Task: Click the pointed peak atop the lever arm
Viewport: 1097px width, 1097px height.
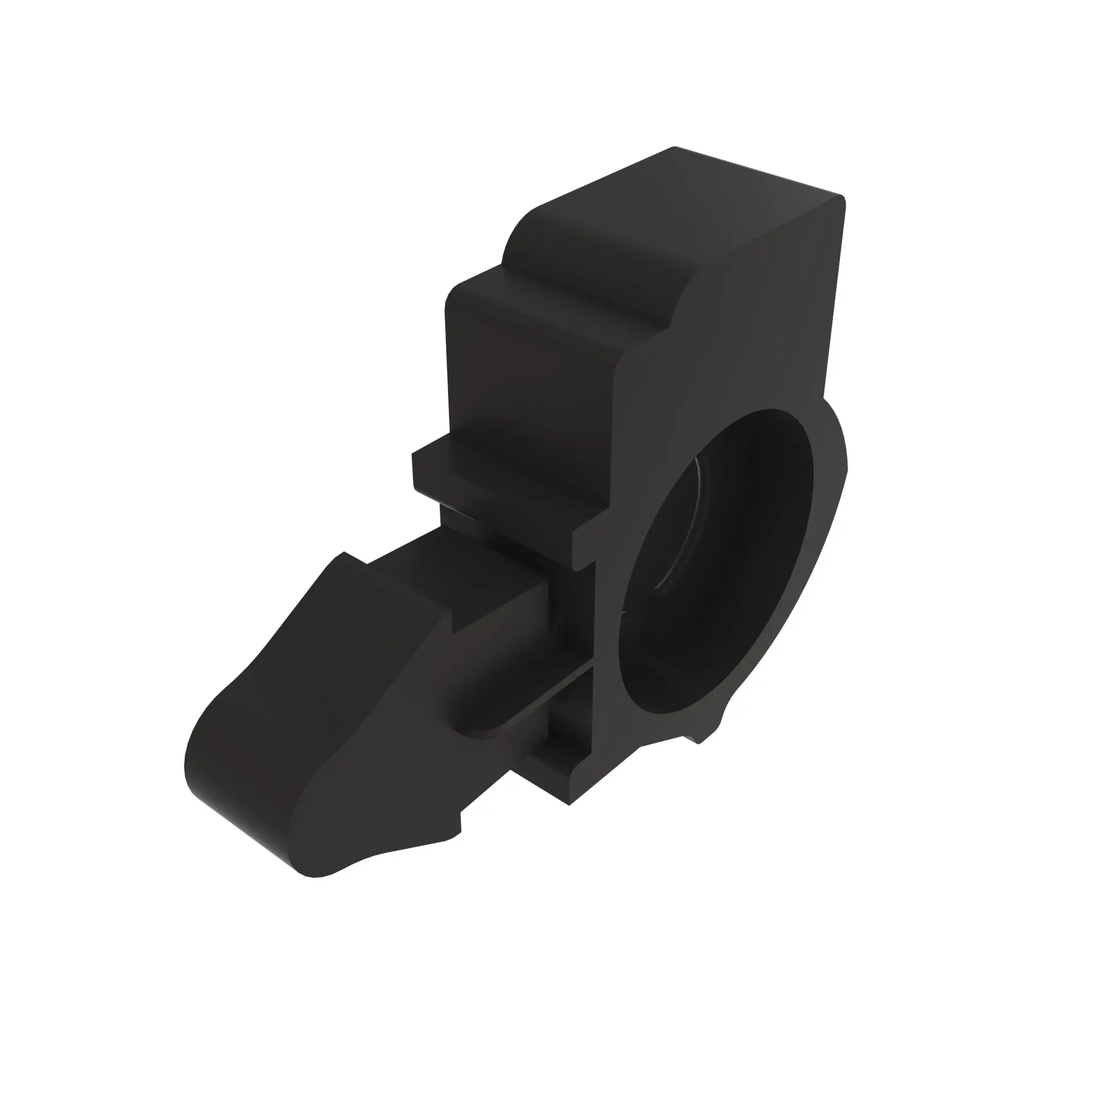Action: pos(343,554)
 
